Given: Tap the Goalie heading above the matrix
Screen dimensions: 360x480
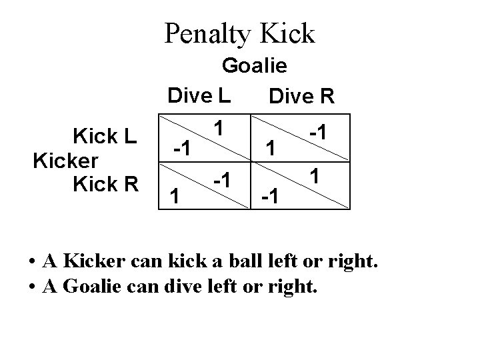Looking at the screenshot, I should coord(254,66).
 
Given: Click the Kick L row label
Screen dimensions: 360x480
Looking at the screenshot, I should coord(105,137).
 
